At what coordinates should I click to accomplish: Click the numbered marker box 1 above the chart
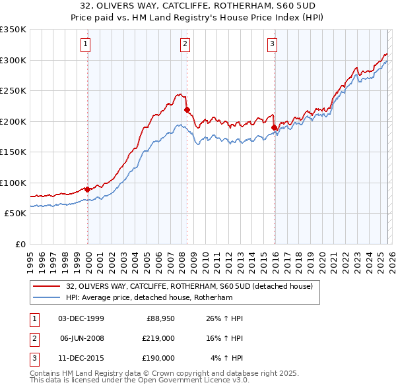tap(86, 44)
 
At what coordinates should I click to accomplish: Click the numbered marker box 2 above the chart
tap(185, 44)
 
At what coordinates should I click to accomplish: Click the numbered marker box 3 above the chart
tap(272, 44)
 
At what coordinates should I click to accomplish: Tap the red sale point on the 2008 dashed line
tap(187, 109)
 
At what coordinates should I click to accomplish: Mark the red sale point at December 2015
tap(274, 127)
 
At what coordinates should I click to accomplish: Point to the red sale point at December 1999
tap(87, 189)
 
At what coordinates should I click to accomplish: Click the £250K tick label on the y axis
tap(13, 90)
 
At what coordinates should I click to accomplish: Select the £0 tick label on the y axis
tap(19, 244)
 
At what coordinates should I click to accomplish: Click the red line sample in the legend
tap(47, 285)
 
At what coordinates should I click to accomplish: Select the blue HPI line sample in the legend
tap(47, 297)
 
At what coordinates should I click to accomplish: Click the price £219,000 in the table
tap(158, 338)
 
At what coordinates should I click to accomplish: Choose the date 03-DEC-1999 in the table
tap(81, 318)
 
